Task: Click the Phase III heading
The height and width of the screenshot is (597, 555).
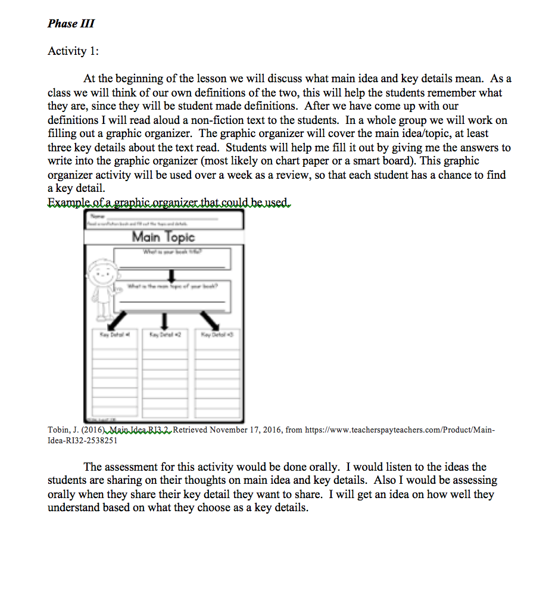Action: pyautogui.click(x=71, y=24)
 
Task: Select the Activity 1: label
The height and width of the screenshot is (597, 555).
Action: pyautogui.click(x=73, y=51)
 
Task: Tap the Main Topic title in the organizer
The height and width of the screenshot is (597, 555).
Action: pyautogui.click(x=163, y=237)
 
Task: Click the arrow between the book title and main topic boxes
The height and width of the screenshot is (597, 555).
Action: pyautogui.click(x=172, y=275)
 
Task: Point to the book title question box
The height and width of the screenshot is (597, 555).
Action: pyautogui.click(x=173, y=257)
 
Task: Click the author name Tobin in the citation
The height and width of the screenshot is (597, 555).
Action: pyautogui.click(x=58, y=430)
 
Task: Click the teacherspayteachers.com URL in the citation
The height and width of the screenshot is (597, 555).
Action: pyautogui.click(x=399, y=430)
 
